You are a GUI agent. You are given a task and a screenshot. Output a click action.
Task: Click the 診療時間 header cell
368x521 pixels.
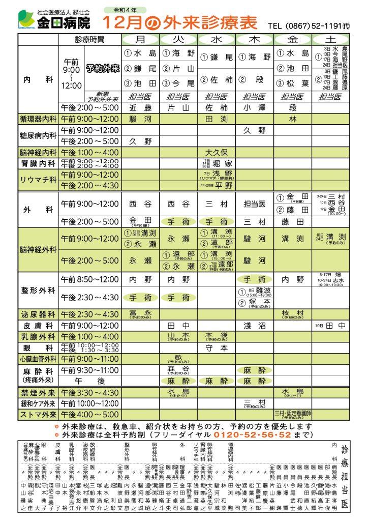89,40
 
